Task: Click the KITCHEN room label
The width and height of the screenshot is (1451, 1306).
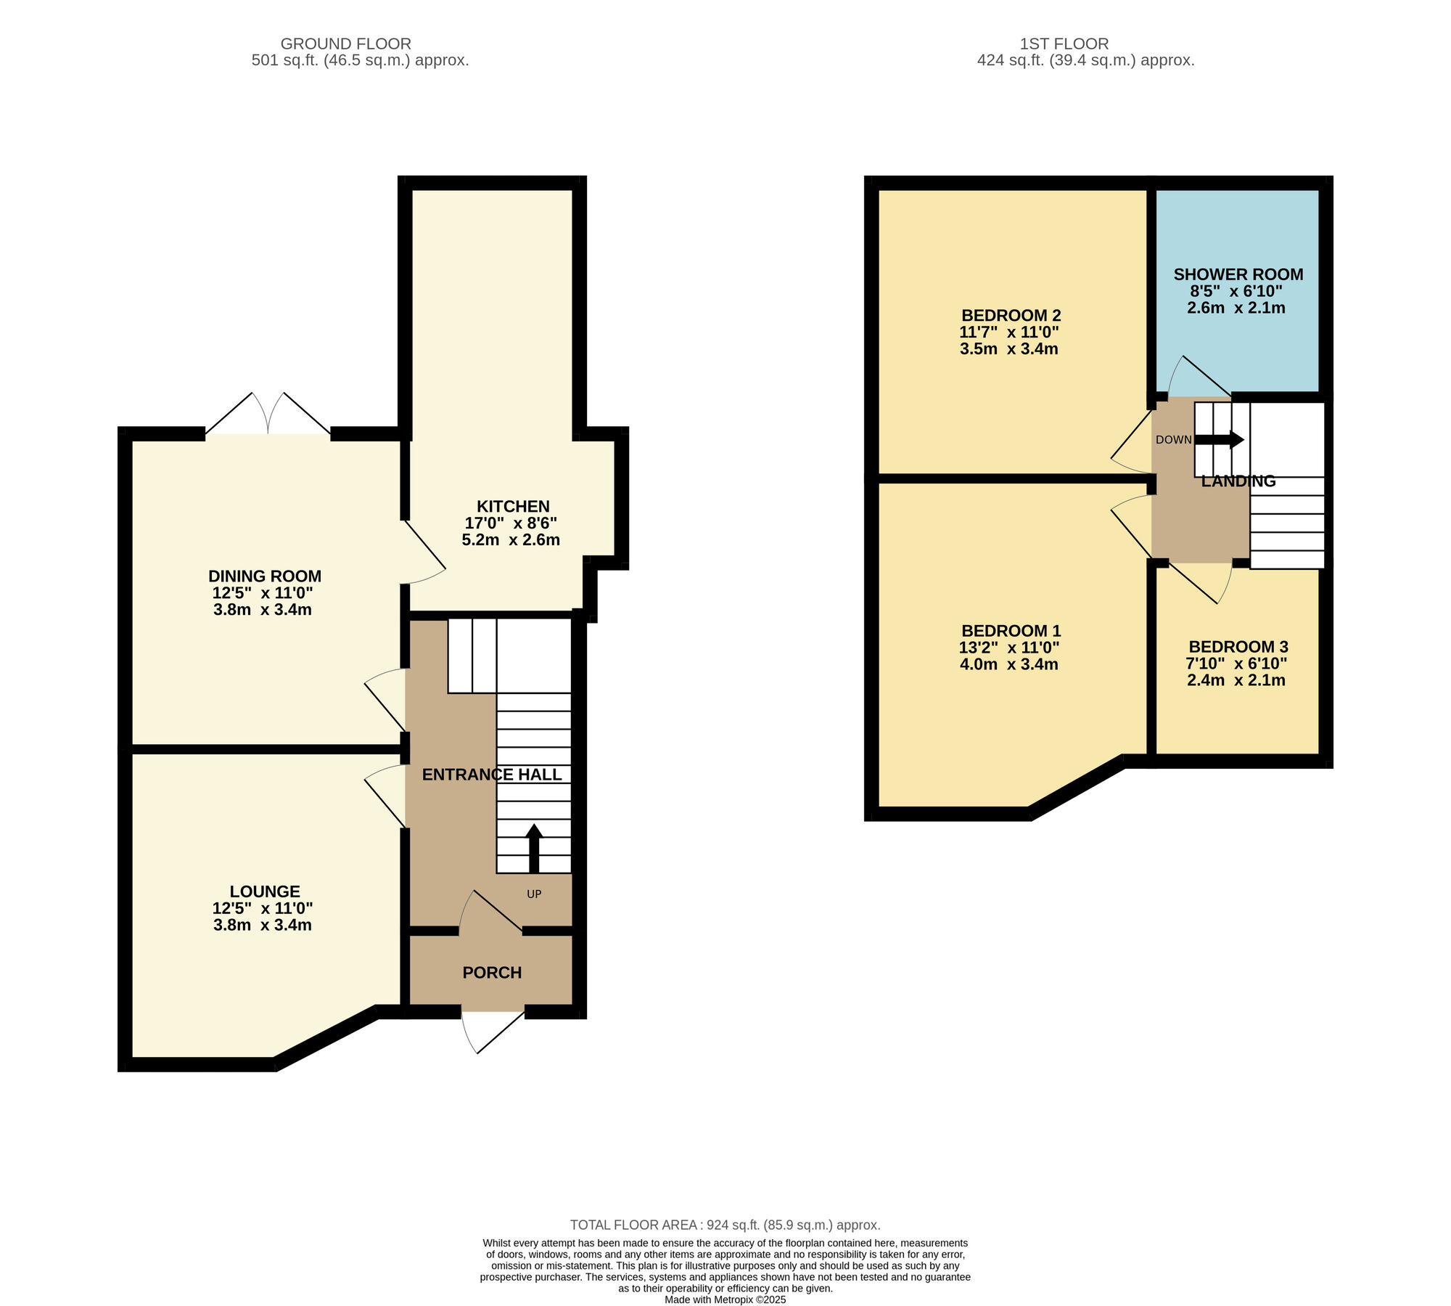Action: tap(513, 506)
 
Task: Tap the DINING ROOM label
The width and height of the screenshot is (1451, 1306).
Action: tap(265, 576)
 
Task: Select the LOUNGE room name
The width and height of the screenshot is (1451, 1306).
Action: tap(265, 891)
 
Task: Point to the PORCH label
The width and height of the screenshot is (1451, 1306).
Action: tap(492, 972)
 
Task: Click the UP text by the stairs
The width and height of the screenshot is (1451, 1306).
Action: tap(534, 894)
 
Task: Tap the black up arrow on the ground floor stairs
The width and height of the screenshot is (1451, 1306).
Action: tap(534, 848)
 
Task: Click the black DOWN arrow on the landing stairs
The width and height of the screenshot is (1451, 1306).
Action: tap(1219, 439)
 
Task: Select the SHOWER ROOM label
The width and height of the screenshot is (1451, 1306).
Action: tap(1238, 274)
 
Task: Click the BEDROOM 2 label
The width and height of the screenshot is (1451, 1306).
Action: tap(1011, 315)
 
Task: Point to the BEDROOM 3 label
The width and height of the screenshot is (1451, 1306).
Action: tap(1238, 646)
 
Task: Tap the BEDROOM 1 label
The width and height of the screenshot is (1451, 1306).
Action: tap(1011, 630)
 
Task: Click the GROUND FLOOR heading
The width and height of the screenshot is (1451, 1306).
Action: tap(345, 44)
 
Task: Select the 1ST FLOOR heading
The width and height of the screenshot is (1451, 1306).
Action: tap(1064, 44)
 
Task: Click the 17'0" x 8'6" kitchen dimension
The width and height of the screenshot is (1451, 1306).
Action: tap(511, 523)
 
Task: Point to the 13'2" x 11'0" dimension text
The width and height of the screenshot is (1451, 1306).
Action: tap(1009, 647)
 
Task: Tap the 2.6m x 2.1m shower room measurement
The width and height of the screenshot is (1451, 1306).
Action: tap(1236, 308)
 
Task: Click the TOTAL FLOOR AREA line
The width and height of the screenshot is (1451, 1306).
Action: tap(725, 1225)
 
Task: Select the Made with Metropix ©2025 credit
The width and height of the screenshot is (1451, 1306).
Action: tap(725, 1299)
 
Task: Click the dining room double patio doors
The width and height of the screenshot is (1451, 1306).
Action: tap(268, 414)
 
